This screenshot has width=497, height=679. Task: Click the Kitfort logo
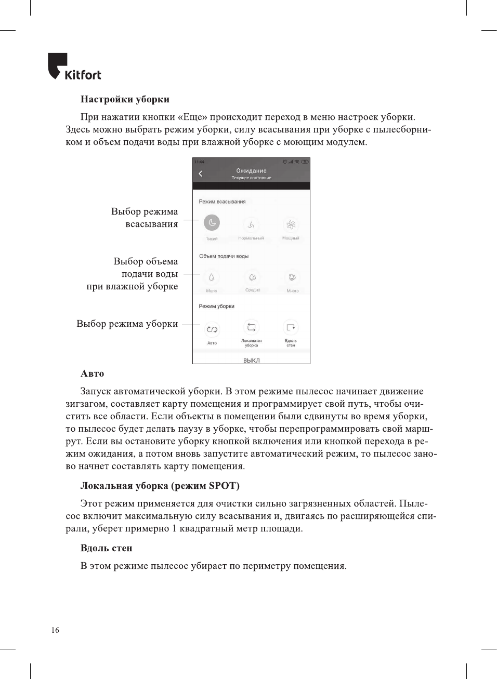74,67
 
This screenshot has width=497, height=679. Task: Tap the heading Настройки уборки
125,99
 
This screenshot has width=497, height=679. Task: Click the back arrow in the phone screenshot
201,174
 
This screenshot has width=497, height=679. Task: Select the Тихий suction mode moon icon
212,223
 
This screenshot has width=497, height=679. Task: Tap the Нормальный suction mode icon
251,224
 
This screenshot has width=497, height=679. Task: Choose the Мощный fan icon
291,224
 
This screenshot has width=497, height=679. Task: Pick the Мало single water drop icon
211,277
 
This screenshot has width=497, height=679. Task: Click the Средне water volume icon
252,277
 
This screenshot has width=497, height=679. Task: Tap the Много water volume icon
292,277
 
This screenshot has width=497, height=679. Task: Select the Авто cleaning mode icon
212,329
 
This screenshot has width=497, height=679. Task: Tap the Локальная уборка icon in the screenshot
251,327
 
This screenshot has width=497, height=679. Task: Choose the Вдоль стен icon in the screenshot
291,327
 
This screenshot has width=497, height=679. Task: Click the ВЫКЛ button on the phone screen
251,360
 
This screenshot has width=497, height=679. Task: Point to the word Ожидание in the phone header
251,170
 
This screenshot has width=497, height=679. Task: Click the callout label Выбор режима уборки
127,324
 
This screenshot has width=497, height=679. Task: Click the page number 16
55,630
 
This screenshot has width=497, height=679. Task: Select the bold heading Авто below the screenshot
93,374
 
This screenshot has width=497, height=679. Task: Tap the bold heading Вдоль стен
107,548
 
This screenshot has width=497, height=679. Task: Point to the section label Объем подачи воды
224,256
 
